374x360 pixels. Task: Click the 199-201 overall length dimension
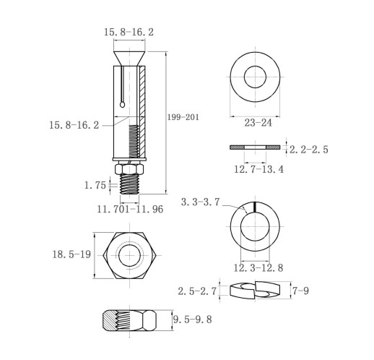(x=183, y=117)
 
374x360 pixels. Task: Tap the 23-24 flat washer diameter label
(x=258, y=123)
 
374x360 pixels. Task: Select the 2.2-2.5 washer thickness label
(x=309, y=150)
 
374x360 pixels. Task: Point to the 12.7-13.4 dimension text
(x=259, y=169)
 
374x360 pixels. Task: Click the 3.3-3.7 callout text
(x=201, y=202)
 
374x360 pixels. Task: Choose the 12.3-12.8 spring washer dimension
(x=258, y=268)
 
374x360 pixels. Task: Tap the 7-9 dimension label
(x=301, y=291)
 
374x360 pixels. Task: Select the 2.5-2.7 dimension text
(x=197, y=291)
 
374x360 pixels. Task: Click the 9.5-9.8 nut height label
(x=193, y=320)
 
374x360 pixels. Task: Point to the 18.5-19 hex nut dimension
(x=71, y=254)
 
